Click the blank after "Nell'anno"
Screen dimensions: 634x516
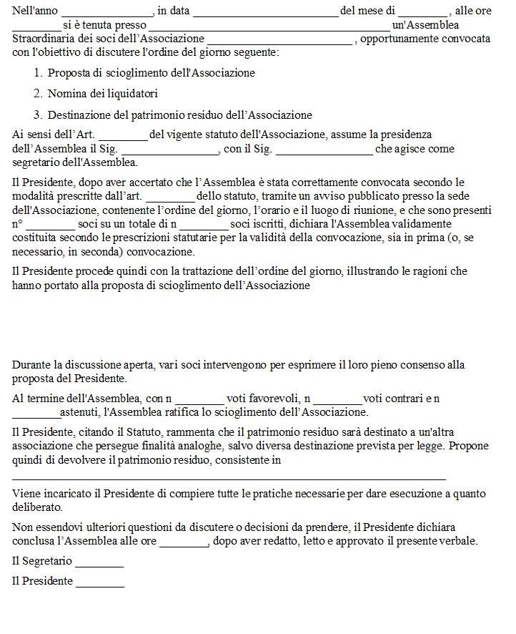[x=107, y=12]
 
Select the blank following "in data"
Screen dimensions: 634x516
[x=265, y=12]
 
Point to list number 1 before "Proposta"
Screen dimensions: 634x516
[x=38, y=73]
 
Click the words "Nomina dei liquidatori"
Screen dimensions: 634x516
[x=102, y=94]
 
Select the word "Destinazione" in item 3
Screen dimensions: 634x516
[x=78, y=115]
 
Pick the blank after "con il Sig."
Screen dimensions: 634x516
[x=324, y=150]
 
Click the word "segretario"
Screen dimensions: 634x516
[x=36, y=162]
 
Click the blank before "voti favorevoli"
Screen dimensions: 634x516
[x=199, y=399]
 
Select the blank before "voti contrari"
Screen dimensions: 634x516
[x=337, y=399]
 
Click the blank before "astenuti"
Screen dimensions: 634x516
[x=36, y=413]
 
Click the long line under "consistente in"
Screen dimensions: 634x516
[x=229, y=477]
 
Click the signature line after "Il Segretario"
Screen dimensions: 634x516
[x=99, y=562]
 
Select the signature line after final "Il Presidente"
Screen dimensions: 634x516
[x=100, y=582]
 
